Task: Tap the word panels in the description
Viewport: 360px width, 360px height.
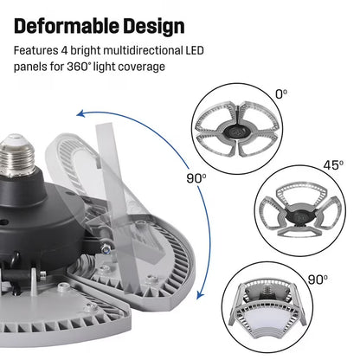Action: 31,67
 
